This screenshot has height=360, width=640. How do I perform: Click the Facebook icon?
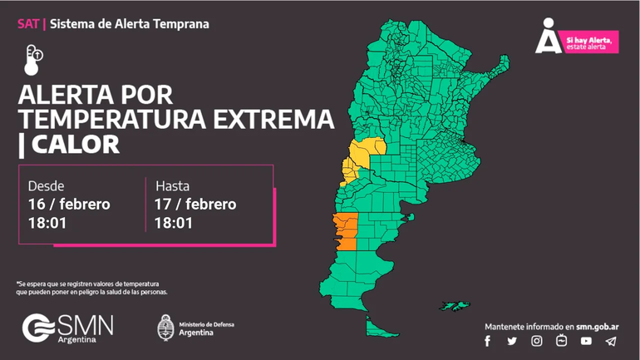pyautogui.click(x=488, y=341)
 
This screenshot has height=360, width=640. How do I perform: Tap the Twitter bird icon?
pyautogui.click(x=512, y=341)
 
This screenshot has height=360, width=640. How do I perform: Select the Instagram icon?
pyautogui.click(x=537, y=341)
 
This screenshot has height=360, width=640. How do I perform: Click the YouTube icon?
pyautogui.click(x=586, y=341)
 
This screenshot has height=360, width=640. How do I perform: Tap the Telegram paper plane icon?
pyautogui.click(x=611, y=341)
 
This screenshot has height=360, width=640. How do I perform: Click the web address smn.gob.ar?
pyautogui.click(x=598, y=327)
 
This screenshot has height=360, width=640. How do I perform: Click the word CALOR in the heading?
pyautogui.click(x=76, y=145)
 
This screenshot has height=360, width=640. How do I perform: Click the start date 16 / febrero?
pyautogui.click(x=69, y=205)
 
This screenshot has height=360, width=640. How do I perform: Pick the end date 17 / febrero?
pyautogui.click(x=195, y=205)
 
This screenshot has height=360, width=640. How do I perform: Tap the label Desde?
pyautogui.click(x=46, y=185)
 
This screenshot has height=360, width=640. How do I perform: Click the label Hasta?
pyautogui.click(x=172, y=185)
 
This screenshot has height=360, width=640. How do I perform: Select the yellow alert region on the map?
pyautogui.click(x=363, y=153)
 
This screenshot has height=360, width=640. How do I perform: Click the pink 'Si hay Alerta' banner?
pyautogui.click(x=590, y=43)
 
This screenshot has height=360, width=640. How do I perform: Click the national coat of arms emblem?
pyautogui.click(x=165, y=327)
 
